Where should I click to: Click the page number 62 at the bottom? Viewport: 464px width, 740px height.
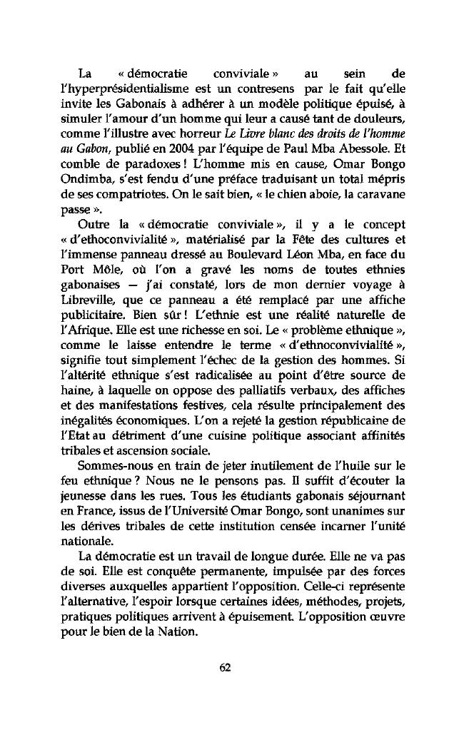click(226, 668)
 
